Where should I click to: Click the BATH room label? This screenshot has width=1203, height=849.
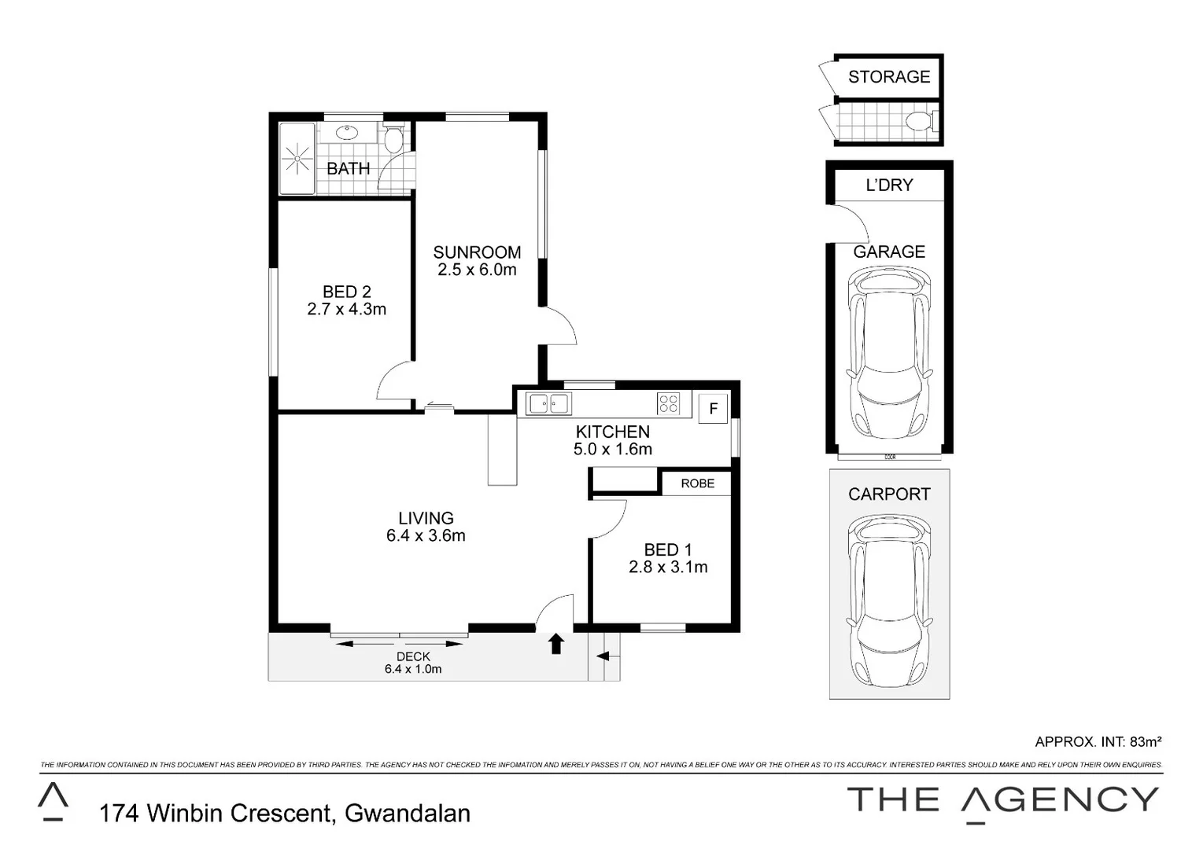pos(348,168)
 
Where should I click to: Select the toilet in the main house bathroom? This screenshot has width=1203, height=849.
pos(393,140)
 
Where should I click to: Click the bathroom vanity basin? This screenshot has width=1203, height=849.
pos(346,131)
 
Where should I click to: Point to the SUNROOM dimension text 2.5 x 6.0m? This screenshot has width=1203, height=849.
pos(477,270)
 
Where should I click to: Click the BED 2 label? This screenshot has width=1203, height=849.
pos(346,292)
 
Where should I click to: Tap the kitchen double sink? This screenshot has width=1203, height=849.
pos(548,404)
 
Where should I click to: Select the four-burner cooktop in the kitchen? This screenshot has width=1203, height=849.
pos(668,404)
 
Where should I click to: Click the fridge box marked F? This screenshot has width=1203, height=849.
pos(713,409)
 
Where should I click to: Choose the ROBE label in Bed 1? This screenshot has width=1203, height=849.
pos(697,483)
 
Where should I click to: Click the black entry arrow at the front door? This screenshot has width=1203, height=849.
pos(556,644)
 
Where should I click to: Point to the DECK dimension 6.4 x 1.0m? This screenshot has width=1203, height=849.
pos(413,669)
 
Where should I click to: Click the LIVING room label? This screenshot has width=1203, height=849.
pos(426,518)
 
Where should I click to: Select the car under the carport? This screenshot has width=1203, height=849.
pos(888,602)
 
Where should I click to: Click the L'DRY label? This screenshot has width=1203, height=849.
pos(889,186)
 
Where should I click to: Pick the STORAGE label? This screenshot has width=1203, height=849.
pos(889,77)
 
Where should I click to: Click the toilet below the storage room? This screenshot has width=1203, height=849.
pos(920,122)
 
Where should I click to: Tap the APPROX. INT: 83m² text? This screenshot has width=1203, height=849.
pos(1098,741)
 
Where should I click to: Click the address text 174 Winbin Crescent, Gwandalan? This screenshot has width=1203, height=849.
pos(285,813)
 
